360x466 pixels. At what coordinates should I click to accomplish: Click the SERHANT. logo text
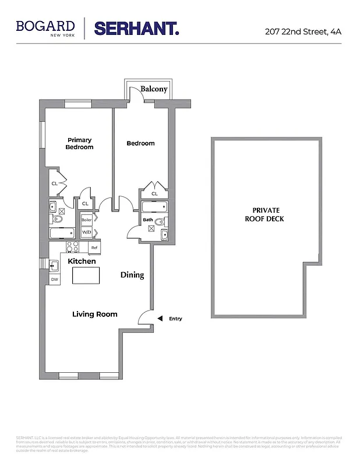tap(136, 29)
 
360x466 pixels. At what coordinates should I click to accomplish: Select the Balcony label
tap(154, 89)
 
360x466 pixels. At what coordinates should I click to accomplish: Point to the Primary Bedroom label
tap(79, 144)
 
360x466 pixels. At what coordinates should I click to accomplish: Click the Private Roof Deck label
tap(266, 214)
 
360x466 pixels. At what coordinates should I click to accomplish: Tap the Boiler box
tap(87, 220)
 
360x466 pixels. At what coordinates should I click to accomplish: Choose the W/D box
tap(87, 232)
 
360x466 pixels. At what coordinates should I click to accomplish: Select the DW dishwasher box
tap(54, 280)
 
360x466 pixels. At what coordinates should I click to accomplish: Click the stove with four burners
tap(73, 247)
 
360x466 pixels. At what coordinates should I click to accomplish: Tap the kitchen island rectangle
tap(86, 275)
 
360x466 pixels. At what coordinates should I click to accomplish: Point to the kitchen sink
tap(54, 266)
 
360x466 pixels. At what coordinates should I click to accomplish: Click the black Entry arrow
tap(160, 319)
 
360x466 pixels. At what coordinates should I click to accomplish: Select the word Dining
tap(132, 275)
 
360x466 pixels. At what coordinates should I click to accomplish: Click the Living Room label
tap(94, 314)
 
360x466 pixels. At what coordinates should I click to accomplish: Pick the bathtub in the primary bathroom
tap(62, 234)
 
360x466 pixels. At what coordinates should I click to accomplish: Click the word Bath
tap(148, 220)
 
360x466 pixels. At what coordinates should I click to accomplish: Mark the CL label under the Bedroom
tap(154, 194)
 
